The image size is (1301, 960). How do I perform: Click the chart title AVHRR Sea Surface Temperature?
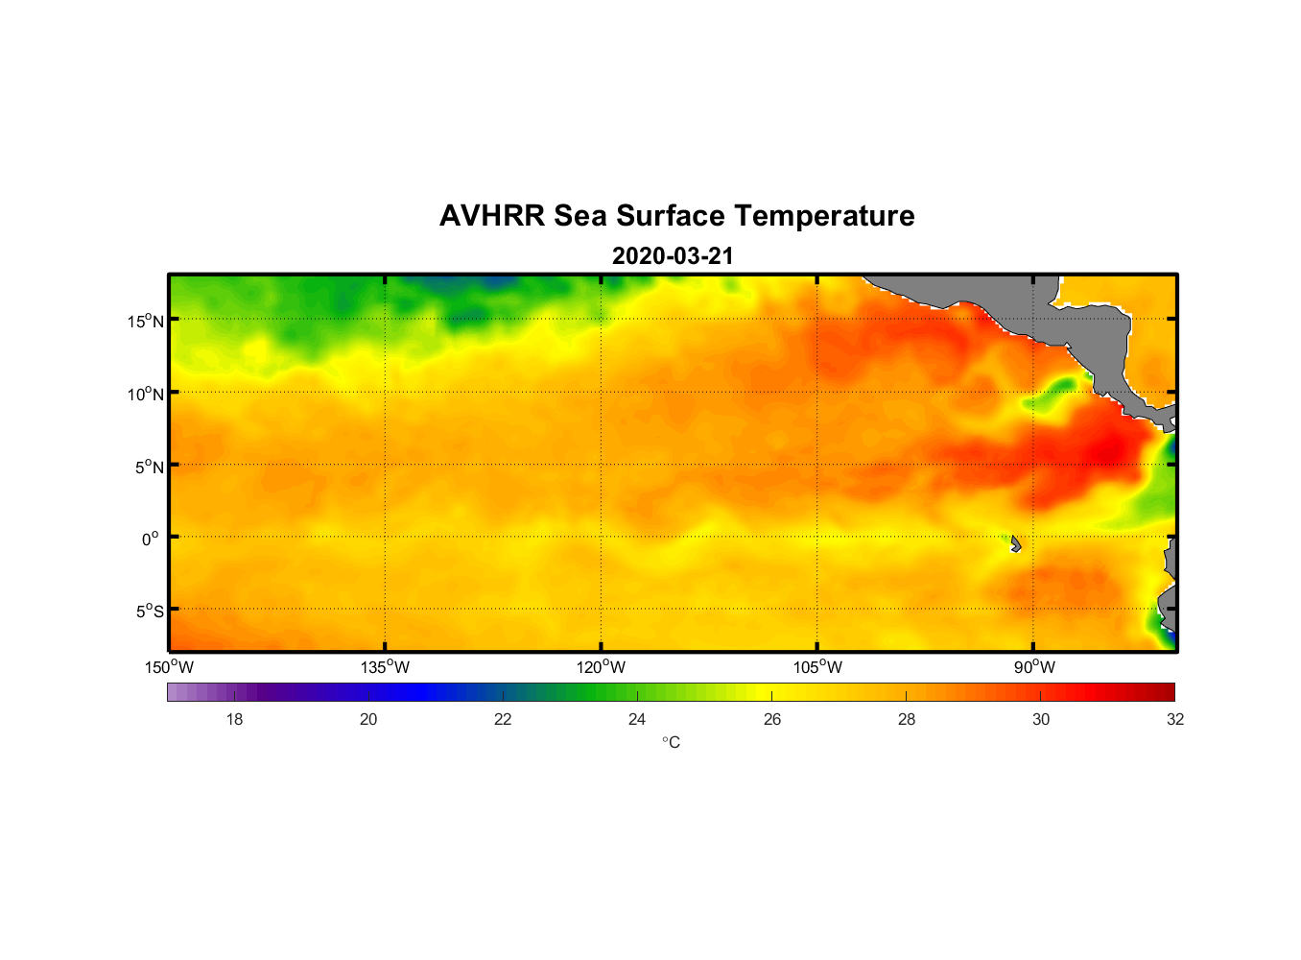coord(676,216)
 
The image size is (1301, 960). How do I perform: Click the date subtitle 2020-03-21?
coord(673,256)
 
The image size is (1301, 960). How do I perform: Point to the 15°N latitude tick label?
coord(145,321)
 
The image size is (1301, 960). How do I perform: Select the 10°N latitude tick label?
coord(145,394)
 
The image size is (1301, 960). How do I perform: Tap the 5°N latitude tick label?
coord(149,467)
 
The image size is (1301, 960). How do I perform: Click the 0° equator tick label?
coord(151,539)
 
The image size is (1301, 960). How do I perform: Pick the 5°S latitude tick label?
coord(149,612)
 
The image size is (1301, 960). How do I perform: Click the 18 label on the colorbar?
coord(234,720)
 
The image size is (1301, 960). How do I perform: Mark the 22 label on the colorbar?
coord(503,720)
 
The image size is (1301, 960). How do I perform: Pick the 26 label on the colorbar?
coord(772,720)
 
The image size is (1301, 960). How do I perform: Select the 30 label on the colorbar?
coord(1041,720)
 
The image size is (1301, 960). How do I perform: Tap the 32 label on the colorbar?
coord(1175,720)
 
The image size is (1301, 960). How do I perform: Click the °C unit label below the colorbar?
coord(671,743)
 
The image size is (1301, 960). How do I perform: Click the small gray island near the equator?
coord(1015,543)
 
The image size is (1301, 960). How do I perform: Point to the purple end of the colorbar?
coord(177,692)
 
